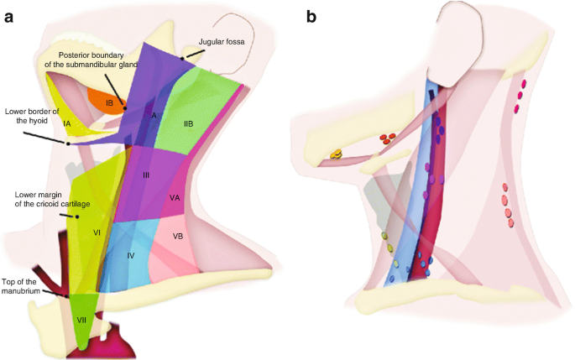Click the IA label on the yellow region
click(x=66, y=123)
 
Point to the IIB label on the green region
click(x=189, y=123)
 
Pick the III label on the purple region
click(x=145, y=175)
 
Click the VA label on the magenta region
click(x=175, y=198)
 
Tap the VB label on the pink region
click(x=177, y=237)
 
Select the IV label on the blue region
click(x=130, y=254)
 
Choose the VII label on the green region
click(x=82, y=320)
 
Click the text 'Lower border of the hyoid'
click(x=32, y=116)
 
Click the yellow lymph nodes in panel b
click(x=336, y=154)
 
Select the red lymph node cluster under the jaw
click(x=388, y=138)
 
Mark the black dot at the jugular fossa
click(x=182, y=58)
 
